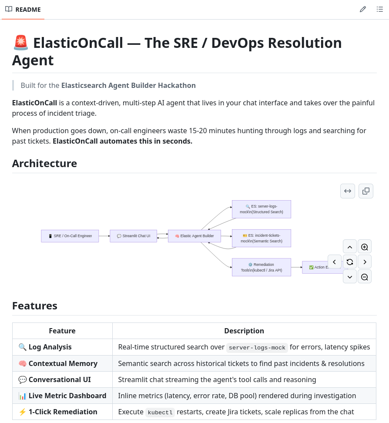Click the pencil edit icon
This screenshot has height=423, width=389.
pos(363,9)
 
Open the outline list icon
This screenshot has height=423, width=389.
pos(379,9)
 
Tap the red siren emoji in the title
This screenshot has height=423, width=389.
pos(20,43)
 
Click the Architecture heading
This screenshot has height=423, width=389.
pos(44,163)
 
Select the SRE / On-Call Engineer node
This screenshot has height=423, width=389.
pos(70,236)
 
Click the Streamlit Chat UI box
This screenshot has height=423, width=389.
pos(133,236)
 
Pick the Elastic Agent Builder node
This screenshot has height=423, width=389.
pos(194,236)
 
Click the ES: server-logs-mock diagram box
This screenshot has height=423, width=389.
pos(261,209)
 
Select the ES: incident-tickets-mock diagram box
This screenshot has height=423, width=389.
pos(261,238)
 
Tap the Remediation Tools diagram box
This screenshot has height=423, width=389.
pos(261,267)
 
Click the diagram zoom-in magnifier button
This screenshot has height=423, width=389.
pos(365,247)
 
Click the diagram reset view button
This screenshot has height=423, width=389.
pos(350,262)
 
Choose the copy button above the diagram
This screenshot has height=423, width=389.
pos(366,191)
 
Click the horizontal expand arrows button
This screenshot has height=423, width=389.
pos(348,191)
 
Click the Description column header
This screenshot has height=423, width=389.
pos(244,331)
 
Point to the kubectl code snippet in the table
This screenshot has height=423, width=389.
pos(160,412)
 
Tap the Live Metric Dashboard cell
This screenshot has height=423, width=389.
pos(62,396)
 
